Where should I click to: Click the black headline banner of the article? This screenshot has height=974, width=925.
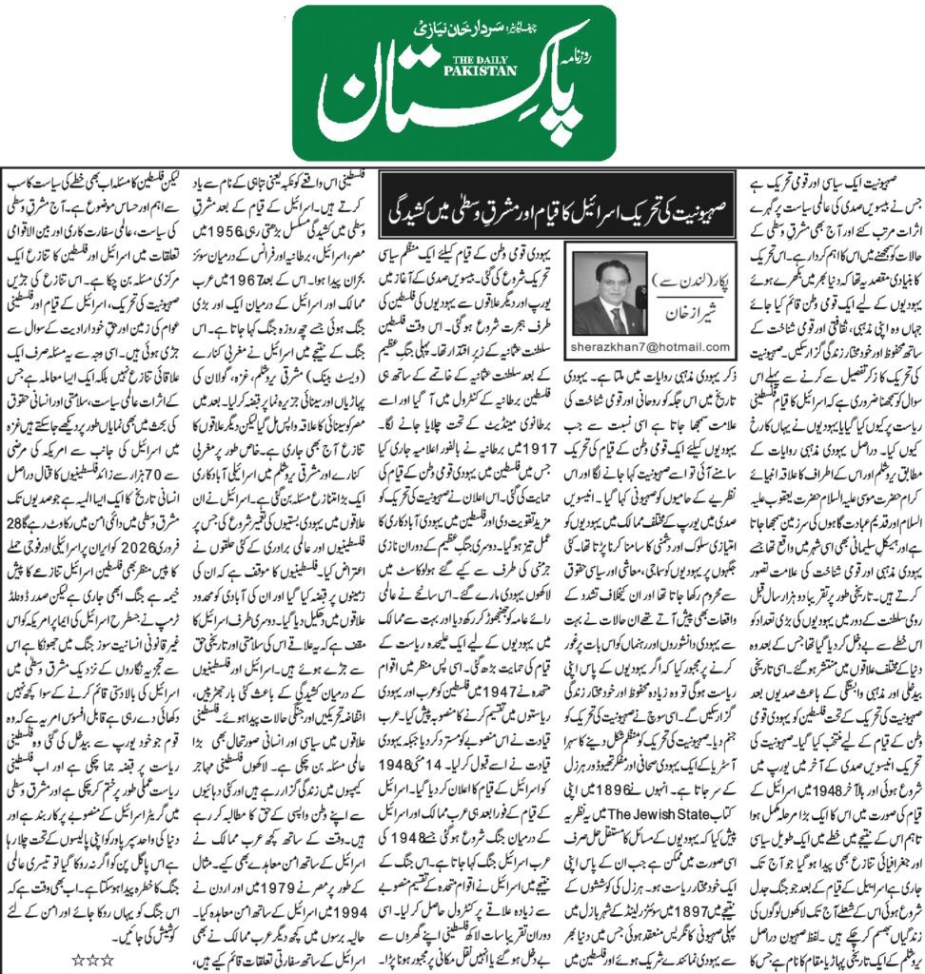(x=533, y=196)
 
